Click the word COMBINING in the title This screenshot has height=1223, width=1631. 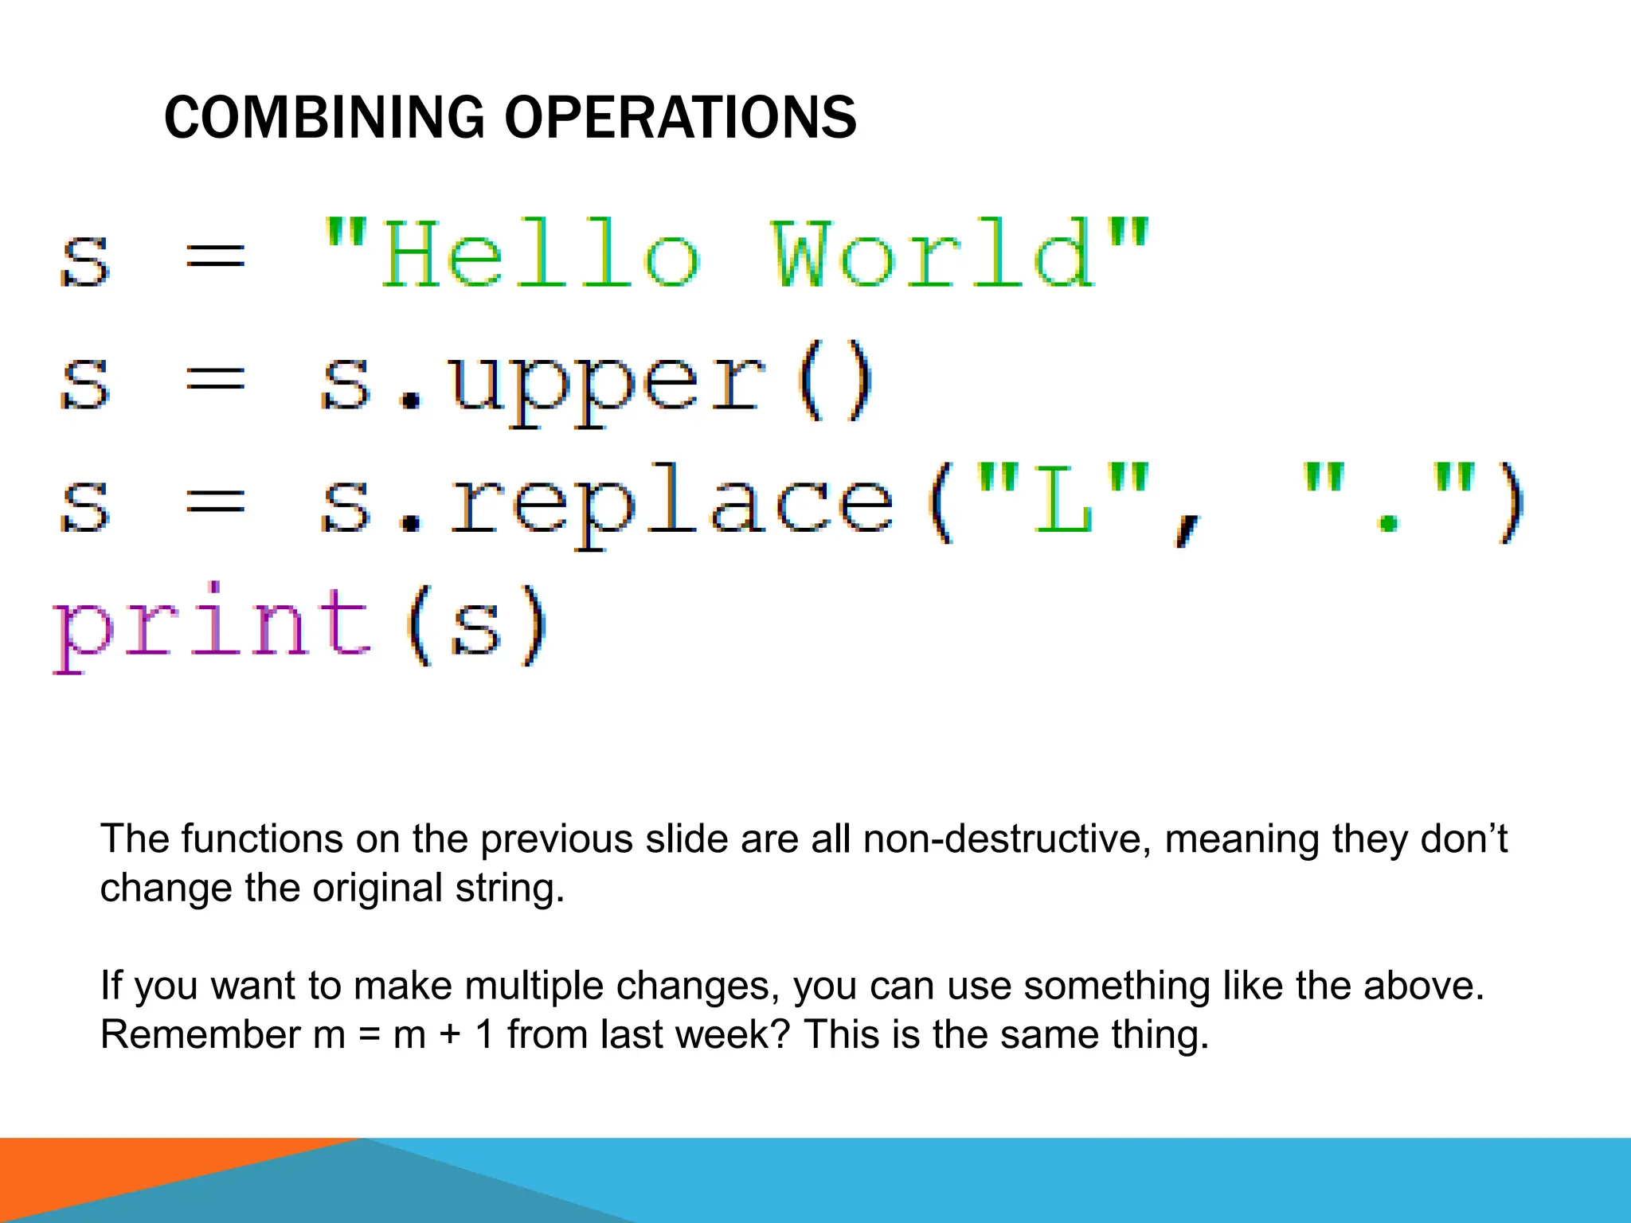coord(323,118)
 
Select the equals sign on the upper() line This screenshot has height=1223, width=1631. coord(215,379)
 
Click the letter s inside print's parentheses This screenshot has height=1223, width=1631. coord(475,628)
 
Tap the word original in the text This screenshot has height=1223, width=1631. coord(377,888)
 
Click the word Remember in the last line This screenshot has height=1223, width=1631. coord(200,1034)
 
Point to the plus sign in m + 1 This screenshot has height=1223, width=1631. coord(450,1035)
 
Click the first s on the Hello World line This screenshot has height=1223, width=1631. coord(84,260)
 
